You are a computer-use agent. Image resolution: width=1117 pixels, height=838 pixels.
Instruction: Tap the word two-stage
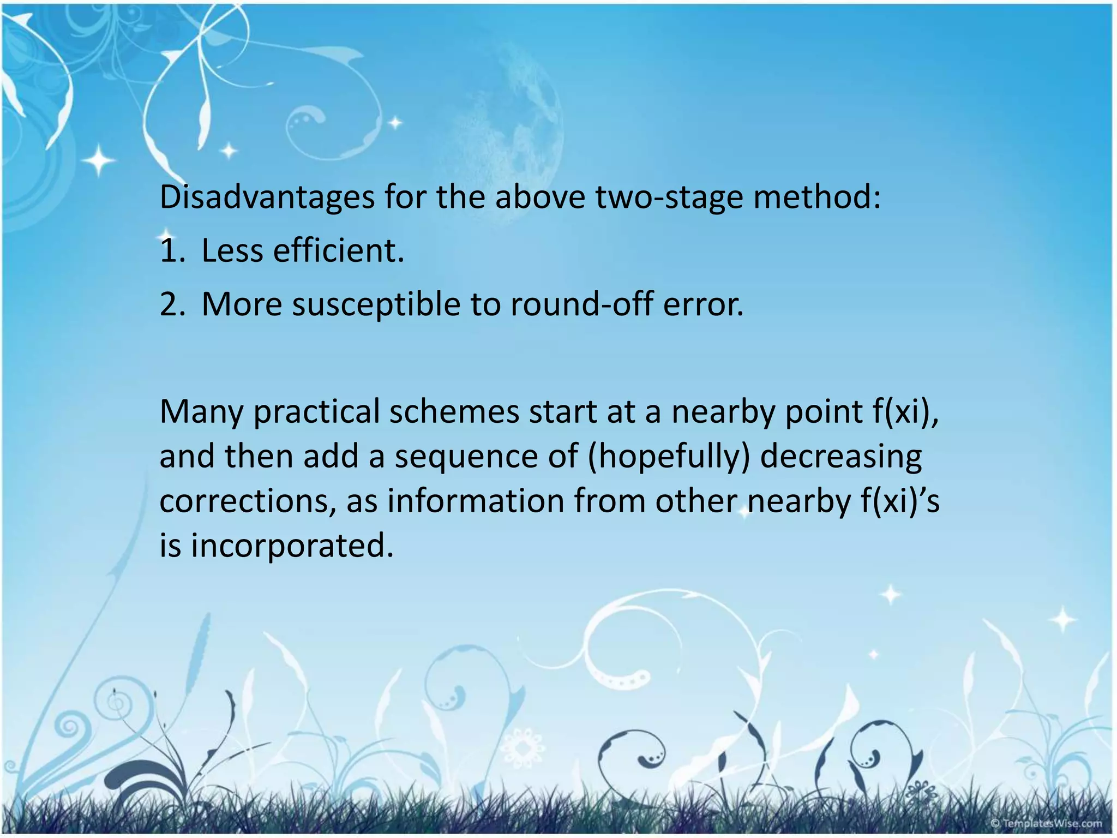point(669,197)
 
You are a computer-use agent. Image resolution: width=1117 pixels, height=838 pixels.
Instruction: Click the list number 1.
point(173,251)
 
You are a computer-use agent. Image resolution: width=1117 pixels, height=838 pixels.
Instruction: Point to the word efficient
point(338,251)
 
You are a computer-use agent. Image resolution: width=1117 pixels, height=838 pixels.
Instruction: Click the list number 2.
point(173,304)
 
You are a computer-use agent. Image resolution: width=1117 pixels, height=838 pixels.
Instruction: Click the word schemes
point(454,412)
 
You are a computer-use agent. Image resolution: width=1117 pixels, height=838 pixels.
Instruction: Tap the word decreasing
point(841,457)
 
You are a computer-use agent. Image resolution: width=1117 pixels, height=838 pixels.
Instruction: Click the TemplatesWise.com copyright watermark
point(1047,823)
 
